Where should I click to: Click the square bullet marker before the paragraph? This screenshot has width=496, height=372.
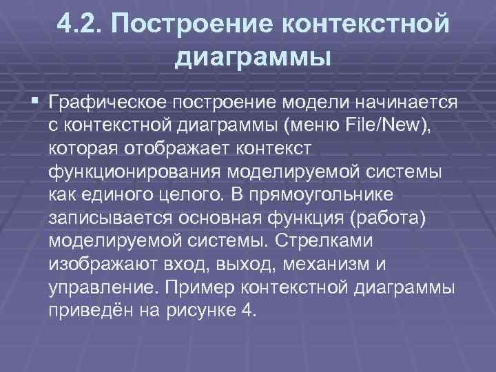[35, 102]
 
